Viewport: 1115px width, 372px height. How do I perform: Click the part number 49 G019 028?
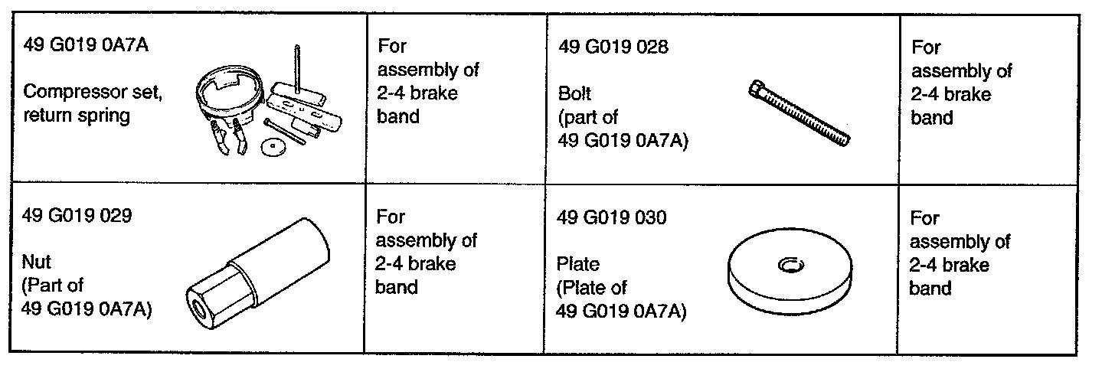613,48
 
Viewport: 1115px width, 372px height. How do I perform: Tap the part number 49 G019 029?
77,217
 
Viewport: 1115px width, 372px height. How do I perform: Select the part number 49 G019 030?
613,218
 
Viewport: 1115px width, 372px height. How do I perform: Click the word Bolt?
576,95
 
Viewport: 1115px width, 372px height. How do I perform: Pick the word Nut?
38,263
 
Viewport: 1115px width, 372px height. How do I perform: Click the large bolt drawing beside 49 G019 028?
797,115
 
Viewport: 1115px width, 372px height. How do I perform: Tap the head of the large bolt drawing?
755,92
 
